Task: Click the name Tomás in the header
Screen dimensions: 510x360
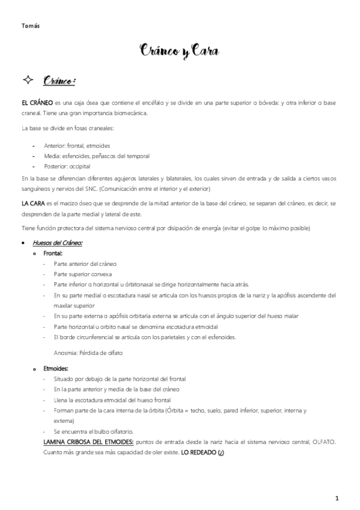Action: tap(31, 26)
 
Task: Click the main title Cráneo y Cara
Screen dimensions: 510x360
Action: tap(180, 53)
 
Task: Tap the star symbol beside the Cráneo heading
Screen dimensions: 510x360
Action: tap(28, 81)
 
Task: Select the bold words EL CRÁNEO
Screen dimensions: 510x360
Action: tap(37, 103)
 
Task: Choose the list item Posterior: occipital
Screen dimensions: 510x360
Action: tap(69, 165)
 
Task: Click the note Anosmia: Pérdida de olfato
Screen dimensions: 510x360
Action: tap(88, 353)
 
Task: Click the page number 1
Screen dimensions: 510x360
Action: tap(337, 498)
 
